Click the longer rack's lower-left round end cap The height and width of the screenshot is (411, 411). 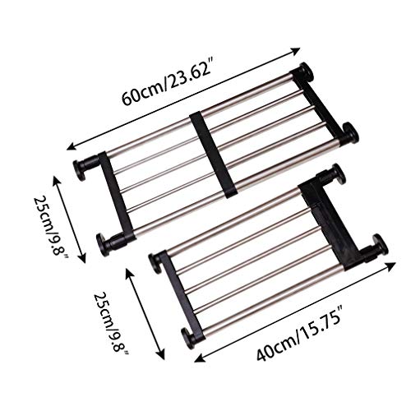[104, 242]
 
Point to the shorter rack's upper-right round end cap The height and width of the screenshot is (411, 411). [337, 173]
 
